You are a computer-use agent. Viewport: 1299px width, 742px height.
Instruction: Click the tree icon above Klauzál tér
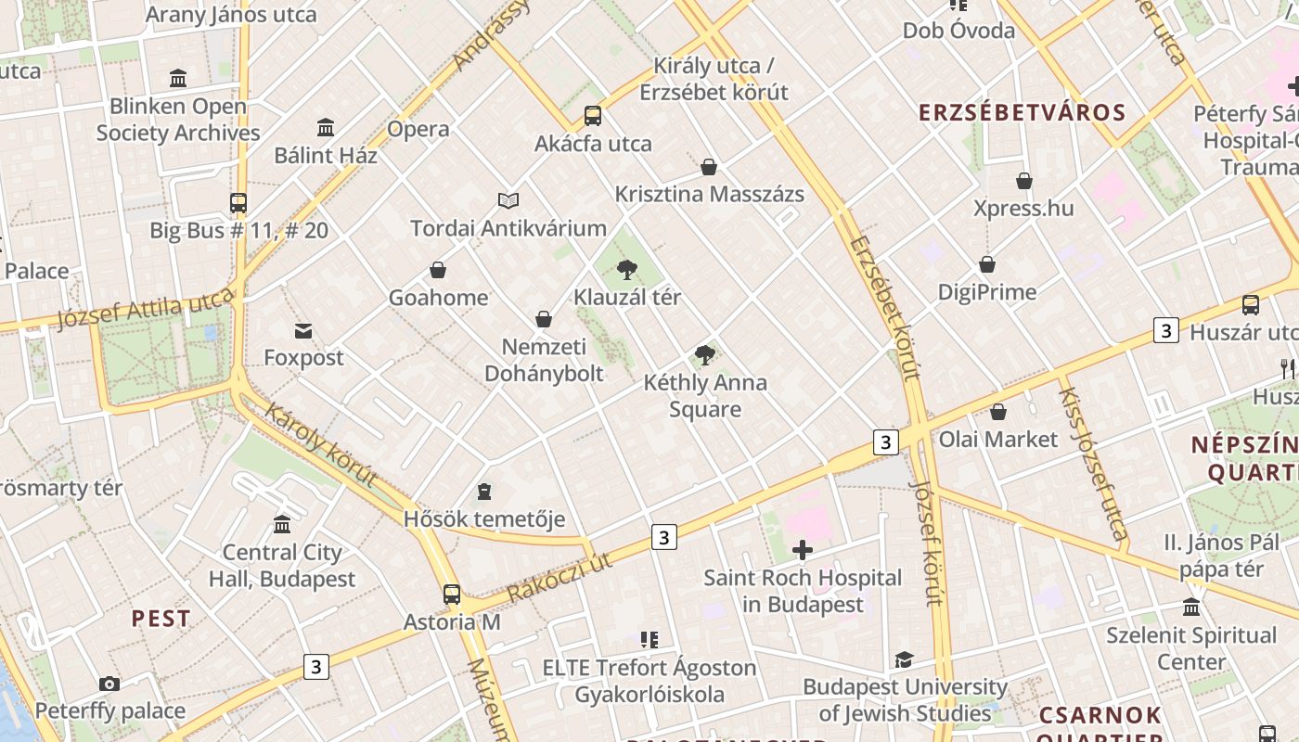(x=627, y=270)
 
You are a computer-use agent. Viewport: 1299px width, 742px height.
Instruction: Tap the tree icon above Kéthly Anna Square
(x=705, y=354)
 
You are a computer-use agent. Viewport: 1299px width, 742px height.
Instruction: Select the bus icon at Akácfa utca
(x=592, y=116)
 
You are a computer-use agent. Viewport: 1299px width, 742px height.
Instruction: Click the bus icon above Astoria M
(x=452, y=595)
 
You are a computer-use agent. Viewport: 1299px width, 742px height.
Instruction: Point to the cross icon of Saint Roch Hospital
(x=803, y=551)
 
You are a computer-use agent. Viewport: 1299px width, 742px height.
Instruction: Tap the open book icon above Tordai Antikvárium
(x=508, y=200)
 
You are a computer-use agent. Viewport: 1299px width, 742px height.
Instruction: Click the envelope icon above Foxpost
(x=303, y=330)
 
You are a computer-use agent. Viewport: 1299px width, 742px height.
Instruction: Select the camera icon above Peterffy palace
(x=109, y=684)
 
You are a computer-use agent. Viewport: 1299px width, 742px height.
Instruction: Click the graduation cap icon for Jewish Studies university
(x=904, y=659)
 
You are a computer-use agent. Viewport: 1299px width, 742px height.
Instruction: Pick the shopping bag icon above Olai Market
(x=998, y=412)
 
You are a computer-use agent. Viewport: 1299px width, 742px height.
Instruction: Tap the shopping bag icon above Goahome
(x=438, y=270)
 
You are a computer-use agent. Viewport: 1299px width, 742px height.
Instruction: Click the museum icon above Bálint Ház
(x=326, y=127)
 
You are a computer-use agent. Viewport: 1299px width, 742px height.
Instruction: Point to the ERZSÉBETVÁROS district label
(x=1022, y=113)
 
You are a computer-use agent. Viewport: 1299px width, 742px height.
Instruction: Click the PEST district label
(x=161, y=619)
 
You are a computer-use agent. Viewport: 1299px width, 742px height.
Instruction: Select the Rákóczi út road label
(x=560, y=576)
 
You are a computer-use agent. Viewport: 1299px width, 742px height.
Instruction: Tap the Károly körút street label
(x=321, y=445)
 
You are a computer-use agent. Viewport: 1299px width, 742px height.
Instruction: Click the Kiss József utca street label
(x=1093, y=463)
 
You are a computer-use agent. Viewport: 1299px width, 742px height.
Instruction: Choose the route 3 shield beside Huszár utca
(x=1166, y=330)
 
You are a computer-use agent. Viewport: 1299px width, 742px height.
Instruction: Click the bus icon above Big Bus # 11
(x=238, y=202)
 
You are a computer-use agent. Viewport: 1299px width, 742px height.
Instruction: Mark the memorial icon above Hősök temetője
(x=483, y=491)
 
